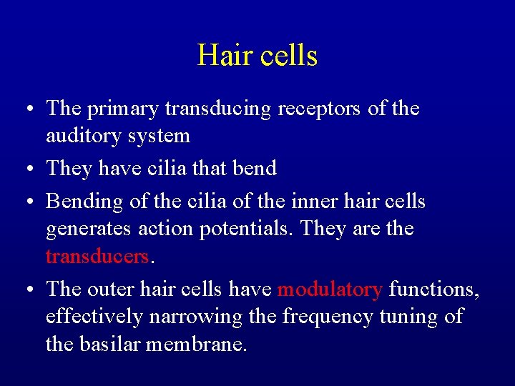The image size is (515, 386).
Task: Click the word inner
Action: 310,202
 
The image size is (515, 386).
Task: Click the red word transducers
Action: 97,256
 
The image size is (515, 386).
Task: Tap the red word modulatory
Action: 330,289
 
